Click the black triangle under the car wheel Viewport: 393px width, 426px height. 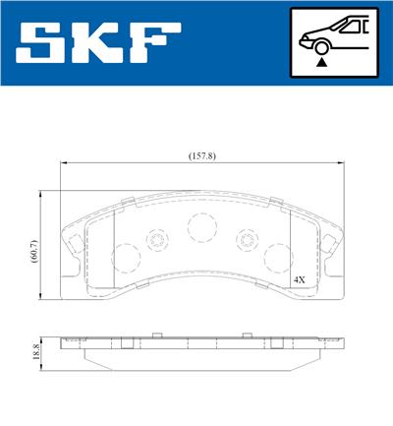[x=321, y=62]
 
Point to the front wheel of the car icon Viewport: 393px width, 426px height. [x=321, y=45]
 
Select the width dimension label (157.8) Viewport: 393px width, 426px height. [x=203, y=154]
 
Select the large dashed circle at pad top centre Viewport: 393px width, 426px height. [x=201, y=228]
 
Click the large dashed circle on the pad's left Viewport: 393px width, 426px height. [x=126, y=260]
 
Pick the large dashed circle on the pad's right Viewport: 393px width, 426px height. [x=278, y=258]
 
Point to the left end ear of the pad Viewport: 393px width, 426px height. [x=72, y=242]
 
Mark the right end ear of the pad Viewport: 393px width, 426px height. [x=331, y=242]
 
